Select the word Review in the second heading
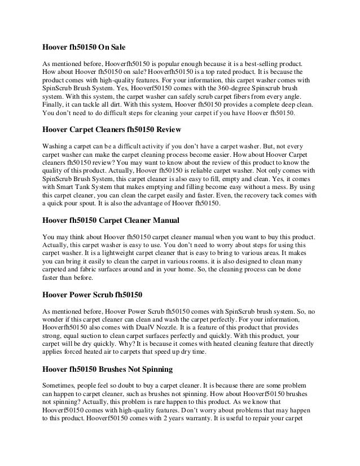[x=165, y=130]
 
